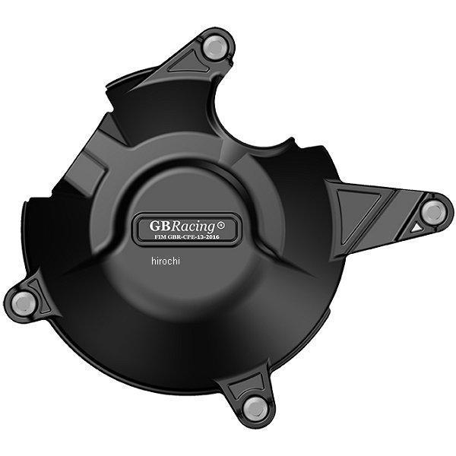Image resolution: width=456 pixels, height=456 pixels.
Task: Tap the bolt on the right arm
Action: click(434, 212)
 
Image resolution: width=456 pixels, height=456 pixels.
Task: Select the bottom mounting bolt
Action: click(255, 407)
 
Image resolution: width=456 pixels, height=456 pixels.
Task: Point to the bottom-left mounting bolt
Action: click(24, 302)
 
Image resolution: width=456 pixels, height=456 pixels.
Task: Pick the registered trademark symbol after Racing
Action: click(220, 225)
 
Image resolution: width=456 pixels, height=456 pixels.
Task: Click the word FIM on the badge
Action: click(160, 237)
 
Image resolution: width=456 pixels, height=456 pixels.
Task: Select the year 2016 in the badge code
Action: click(214, 237)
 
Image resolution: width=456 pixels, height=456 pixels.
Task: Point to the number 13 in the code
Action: click(202, 237)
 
